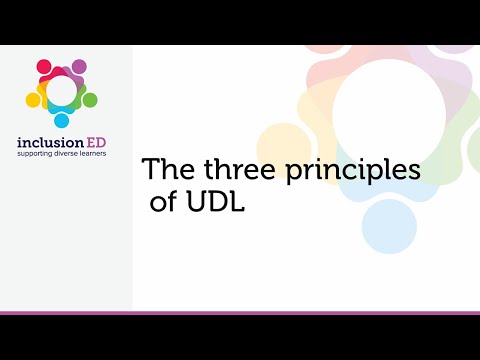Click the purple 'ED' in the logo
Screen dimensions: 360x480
(104, 142)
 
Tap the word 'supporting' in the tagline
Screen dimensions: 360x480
(39, 155)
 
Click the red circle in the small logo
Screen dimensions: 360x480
(44, 67)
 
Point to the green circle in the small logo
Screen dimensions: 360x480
(90, 100)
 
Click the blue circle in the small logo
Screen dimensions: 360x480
(61, 120)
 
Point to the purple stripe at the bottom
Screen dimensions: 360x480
(240, 312)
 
